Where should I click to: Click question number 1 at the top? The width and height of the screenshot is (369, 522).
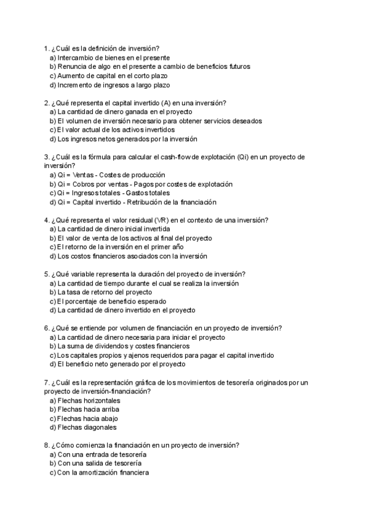[47, 47]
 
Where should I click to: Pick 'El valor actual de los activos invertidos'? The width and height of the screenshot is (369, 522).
[111, 130]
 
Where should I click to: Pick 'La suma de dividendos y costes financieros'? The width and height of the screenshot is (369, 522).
[120, 346]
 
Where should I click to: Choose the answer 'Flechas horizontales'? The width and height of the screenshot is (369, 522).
[85, 400]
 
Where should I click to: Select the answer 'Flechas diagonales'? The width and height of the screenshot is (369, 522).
[82, 427]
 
